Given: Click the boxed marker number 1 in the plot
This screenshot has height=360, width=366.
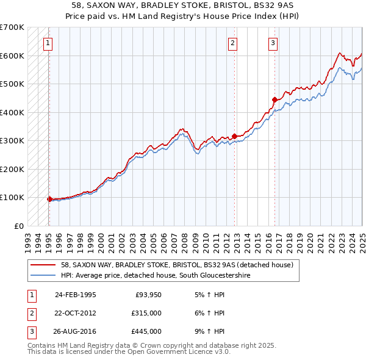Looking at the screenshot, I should (48, 43).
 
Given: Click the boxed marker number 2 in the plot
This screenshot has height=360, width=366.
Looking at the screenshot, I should (233, 43).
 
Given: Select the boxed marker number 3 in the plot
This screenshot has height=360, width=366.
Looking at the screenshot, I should (273, 43).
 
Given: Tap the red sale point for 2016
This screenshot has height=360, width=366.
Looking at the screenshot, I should (274, 99).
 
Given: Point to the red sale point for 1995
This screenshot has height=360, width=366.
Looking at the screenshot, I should (49, 199).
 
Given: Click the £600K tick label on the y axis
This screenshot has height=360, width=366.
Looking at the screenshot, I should (12, 56).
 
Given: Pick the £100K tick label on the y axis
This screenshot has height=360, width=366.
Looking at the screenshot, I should (12, 197).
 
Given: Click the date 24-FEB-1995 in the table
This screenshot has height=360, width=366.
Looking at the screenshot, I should (75, 294).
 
